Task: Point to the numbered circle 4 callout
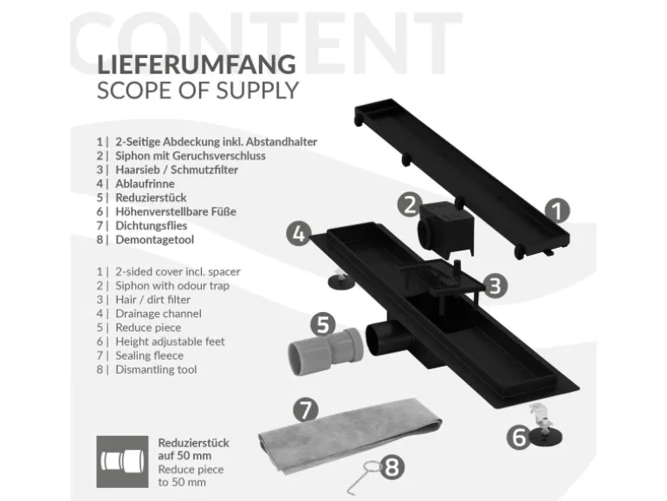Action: (298, 233)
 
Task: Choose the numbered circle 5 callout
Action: (322, 325)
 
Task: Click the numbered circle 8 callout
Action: (392, 469)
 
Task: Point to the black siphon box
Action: (449, 224)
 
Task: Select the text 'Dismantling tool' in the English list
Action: (156, 369)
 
